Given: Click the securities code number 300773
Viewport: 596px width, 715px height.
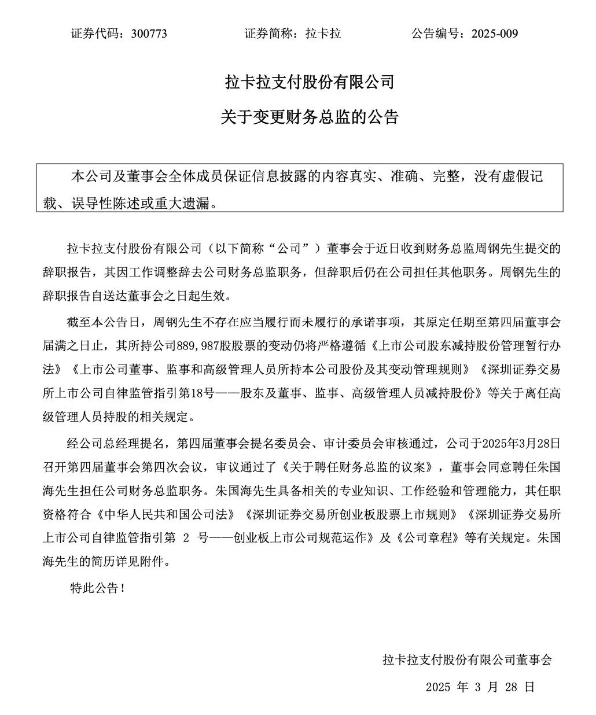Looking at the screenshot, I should click(149, 33).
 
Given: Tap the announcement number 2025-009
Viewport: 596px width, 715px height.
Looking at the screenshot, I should click(495, 33).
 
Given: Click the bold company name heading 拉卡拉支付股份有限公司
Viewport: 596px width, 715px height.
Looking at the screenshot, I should click(310, 82).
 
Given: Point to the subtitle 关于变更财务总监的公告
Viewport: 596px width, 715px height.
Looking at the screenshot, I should click(310, 117).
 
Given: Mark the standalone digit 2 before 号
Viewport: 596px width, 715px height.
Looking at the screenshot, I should click(186, 537).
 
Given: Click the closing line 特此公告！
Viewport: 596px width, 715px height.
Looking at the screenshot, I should click(97, 588).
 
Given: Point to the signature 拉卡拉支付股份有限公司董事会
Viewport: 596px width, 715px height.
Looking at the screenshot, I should click(467, 659).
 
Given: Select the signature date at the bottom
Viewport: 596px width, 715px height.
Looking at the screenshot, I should click(480, 687).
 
